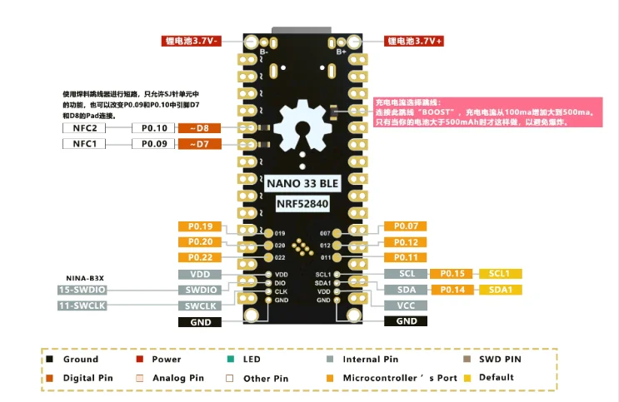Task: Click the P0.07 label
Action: (x=406, y=226)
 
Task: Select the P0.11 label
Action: (x=406, y=257)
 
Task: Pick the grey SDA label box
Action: (x=406, y=289)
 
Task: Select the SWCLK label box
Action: (x=200, y=305)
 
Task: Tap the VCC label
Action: (x=406, y=305)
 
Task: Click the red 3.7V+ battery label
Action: (x=414, y=40)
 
